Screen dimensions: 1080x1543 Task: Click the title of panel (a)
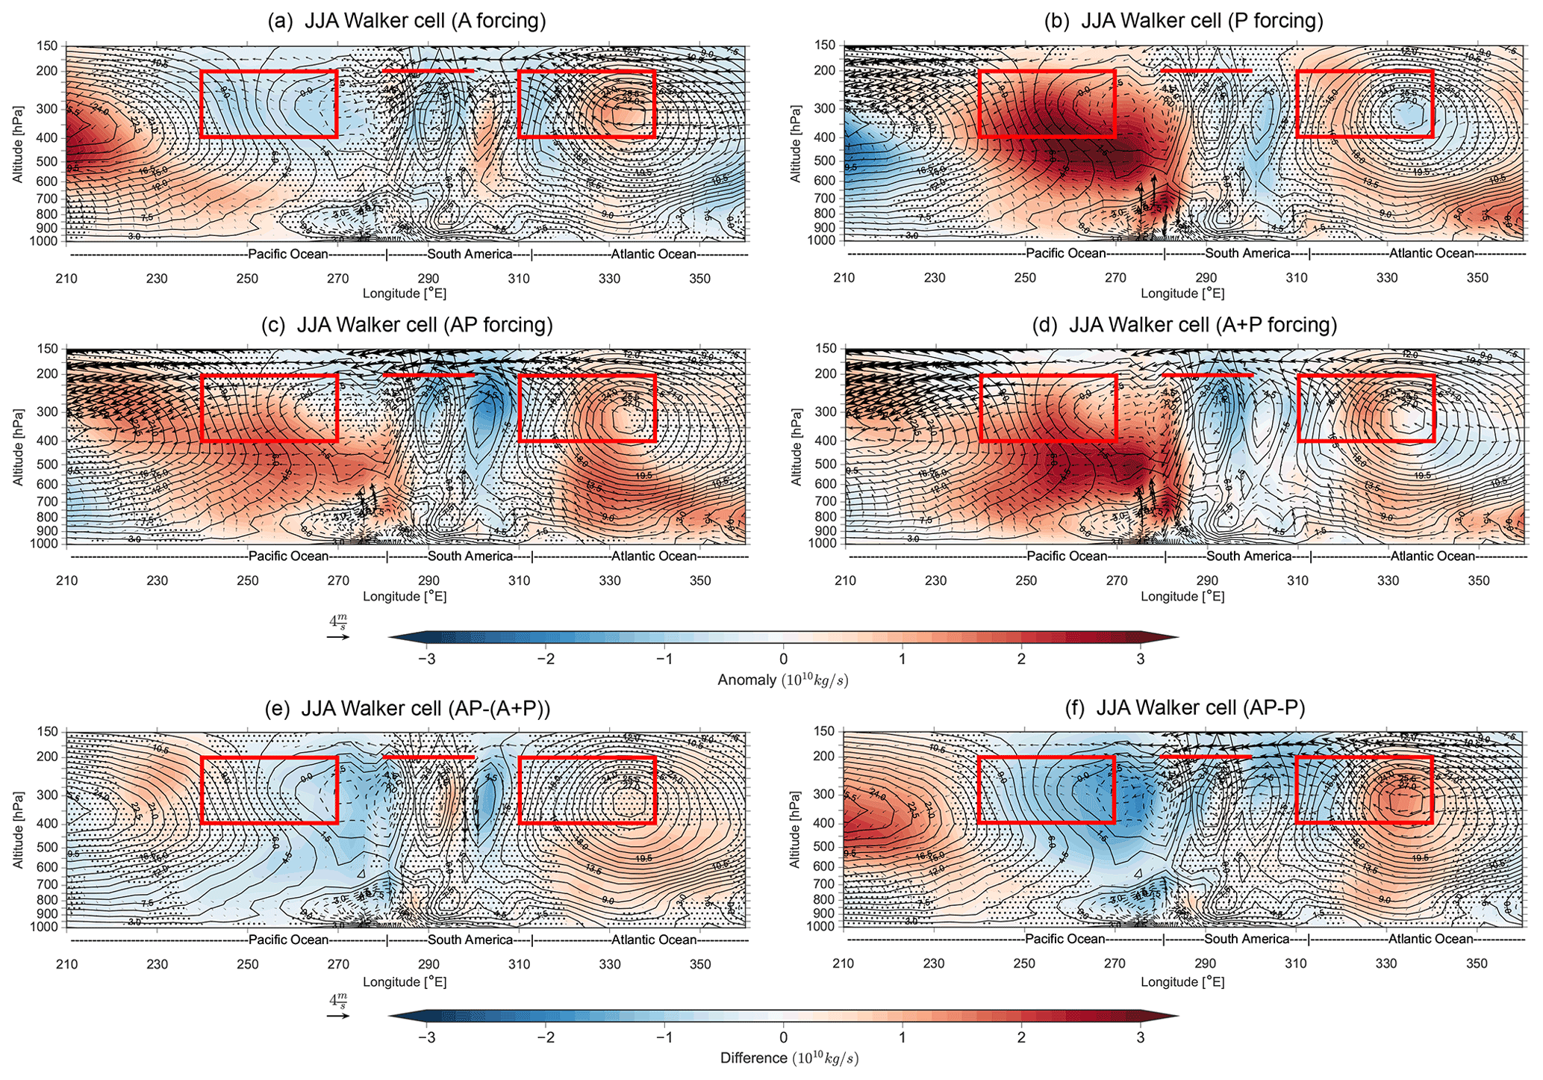pyautogui.click(x=407, y=21)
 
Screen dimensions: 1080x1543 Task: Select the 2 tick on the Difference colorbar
pyautogui.click(x=1020, y=1037)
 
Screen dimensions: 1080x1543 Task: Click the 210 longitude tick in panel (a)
pyautogui.click(x=67, y=279)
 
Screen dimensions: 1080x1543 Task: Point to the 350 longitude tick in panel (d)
pyautogui.click(x=1480, y=581)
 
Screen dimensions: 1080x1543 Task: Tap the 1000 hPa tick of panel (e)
pyautogui.click(x=46, y=927)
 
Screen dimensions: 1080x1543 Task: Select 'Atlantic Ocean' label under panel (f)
pyautogui.click(x=1430, y=940)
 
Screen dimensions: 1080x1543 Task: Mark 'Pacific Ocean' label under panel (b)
pyautogui.click(x=1065, y=254)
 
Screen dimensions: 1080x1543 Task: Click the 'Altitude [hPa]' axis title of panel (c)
pyautogui.click(x=17, y=447)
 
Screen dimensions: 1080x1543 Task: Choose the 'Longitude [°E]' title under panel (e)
pyautogui.click(x=405, y=982)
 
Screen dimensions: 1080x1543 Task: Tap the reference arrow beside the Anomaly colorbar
pyautogui.click(x=337, y=638)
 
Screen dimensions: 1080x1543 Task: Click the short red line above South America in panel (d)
pyautogui.click(x=1207, y=374)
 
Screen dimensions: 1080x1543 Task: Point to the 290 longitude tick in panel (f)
pyautogui.click(x=1206, y=964)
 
